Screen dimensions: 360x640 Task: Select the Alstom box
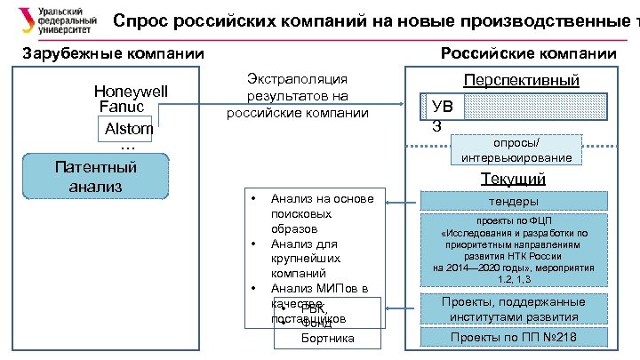coord(129,129)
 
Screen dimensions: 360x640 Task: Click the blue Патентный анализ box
coord(95,176)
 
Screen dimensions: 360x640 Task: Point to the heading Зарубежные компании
coord(113,55)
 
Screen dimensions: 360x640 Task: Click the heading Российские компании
coord(528,55)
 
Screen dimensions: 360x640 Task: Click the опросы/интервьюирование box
coord(517,150)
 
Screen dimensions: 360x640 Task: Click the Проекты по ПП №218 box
coord(514,338)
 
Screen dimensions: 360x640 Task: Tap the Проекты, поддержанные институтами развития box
coord(514,309)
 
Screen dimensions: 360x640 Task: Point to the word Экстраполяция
coord(297,80)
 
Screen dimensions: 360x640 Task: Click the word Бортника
coord(328,339)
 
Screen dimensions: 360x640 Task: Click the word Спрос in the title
coord(145,20)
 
